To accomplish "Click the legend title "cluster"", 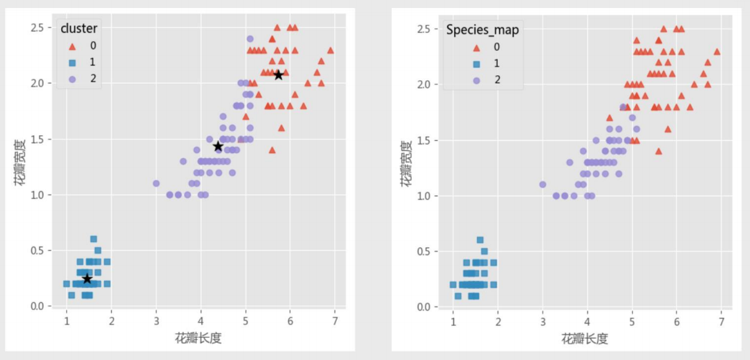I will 79,28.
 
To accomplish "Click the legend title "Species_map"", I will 482,29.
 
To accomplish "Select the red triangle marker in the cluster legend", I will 73,45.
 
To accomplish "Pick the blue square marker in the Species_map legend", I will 476,63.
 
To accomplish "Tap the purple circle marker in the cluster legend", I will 73,78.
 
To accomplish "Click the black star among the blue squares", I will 87,279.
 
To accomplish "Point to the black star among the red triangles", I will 279,75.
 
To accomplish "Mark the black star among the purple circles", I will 218,146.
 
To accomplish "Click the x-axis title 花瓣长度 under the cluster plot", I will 198,338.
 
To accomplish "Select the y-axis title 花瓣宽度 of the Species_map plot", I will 406,164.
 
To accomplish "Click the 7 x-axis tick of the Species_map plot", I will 721,323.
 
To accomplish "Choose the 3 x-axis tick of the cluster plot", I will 156,322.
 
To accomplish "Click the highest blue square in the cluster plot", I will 94,239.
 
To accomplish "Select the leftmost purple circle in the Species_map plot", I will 542,184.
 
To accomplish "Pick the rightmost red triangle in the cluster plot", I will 331,50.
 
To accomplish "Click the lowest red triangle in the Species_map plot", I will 659,151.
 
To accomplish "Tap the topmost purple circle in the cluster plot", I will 250,39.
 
